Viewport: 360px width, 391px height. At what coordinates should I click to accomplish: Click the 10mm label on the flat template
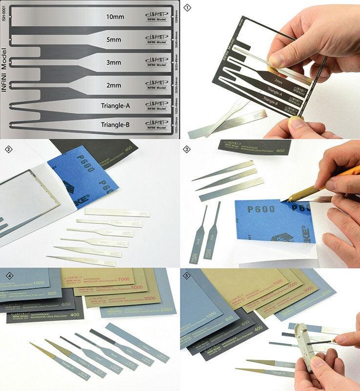(x=115, y=17)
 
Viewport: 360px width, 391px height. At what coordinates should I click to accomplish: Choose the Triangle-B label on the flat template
(x=115, y=125)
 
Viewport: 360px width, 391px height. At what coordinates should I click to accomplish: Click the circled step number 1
(x=187, y=8)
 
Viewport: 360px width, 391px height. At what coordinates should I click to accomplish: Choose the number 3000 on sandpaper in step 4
(x=149, y=299)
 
